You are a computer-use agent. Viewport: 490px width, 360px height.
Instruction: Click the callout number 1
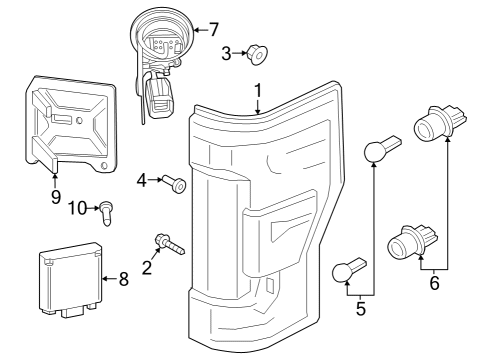pyautogui.click(x=258, y=92)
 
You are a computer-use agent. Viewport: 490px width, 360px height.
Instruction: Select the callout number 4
pyautogui.click(x=142, y=181)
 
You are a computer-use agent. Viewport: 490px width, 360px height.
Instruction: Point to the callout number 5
pyautogui.click(x=361, y=309)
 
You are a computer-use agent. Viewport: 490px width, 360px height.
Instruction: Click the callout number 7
pyautogui.click(x=212, y=29)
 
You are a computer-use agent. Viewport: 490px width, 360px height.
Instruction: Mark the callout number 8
pyautogui.click(x=123, y=279)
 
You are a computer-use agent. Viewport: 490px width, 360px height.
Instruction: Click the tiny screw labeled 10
pyautogui.click(x=105, y=210)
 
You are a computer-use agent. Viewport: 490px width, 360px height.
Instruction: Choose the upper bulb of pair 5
pyautogui.click(x=376, y=152)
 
